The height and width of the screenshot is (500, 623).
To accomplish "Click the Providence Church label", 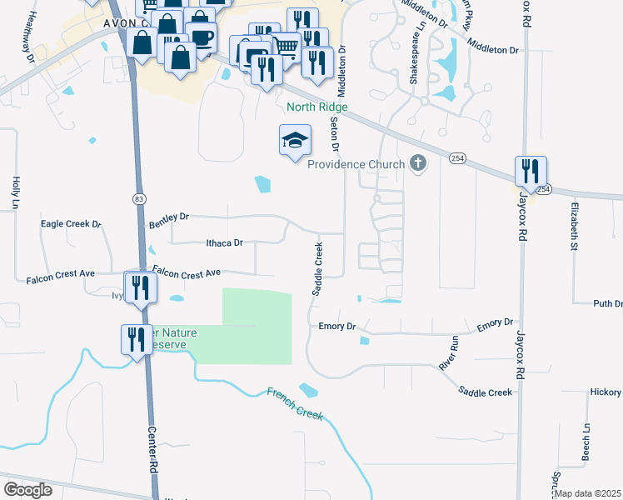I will point(356,164).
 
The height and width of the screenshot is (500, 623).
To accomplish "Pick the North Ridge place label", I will point(316,107).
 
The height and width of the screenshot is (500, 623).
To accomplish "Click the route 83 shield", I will point(139,198).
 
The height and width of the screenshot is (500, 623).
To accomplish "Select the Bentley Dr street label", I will point(169,220).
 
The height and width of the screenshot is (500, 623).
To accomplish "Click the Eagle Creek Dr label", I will point(71,224).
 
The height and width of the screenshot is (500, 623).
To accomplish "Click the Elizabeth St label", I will point(574,225).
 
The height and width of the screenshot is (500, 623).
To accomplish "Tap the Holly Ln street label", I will point(15,192).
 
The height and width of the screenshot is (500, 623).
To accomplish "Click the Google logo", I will point(28,489).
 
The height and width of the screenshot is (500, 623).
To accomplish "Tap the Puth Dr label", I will point(607,304).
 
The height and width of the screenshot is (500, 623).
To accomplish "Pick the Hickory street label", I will point(605,392).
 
